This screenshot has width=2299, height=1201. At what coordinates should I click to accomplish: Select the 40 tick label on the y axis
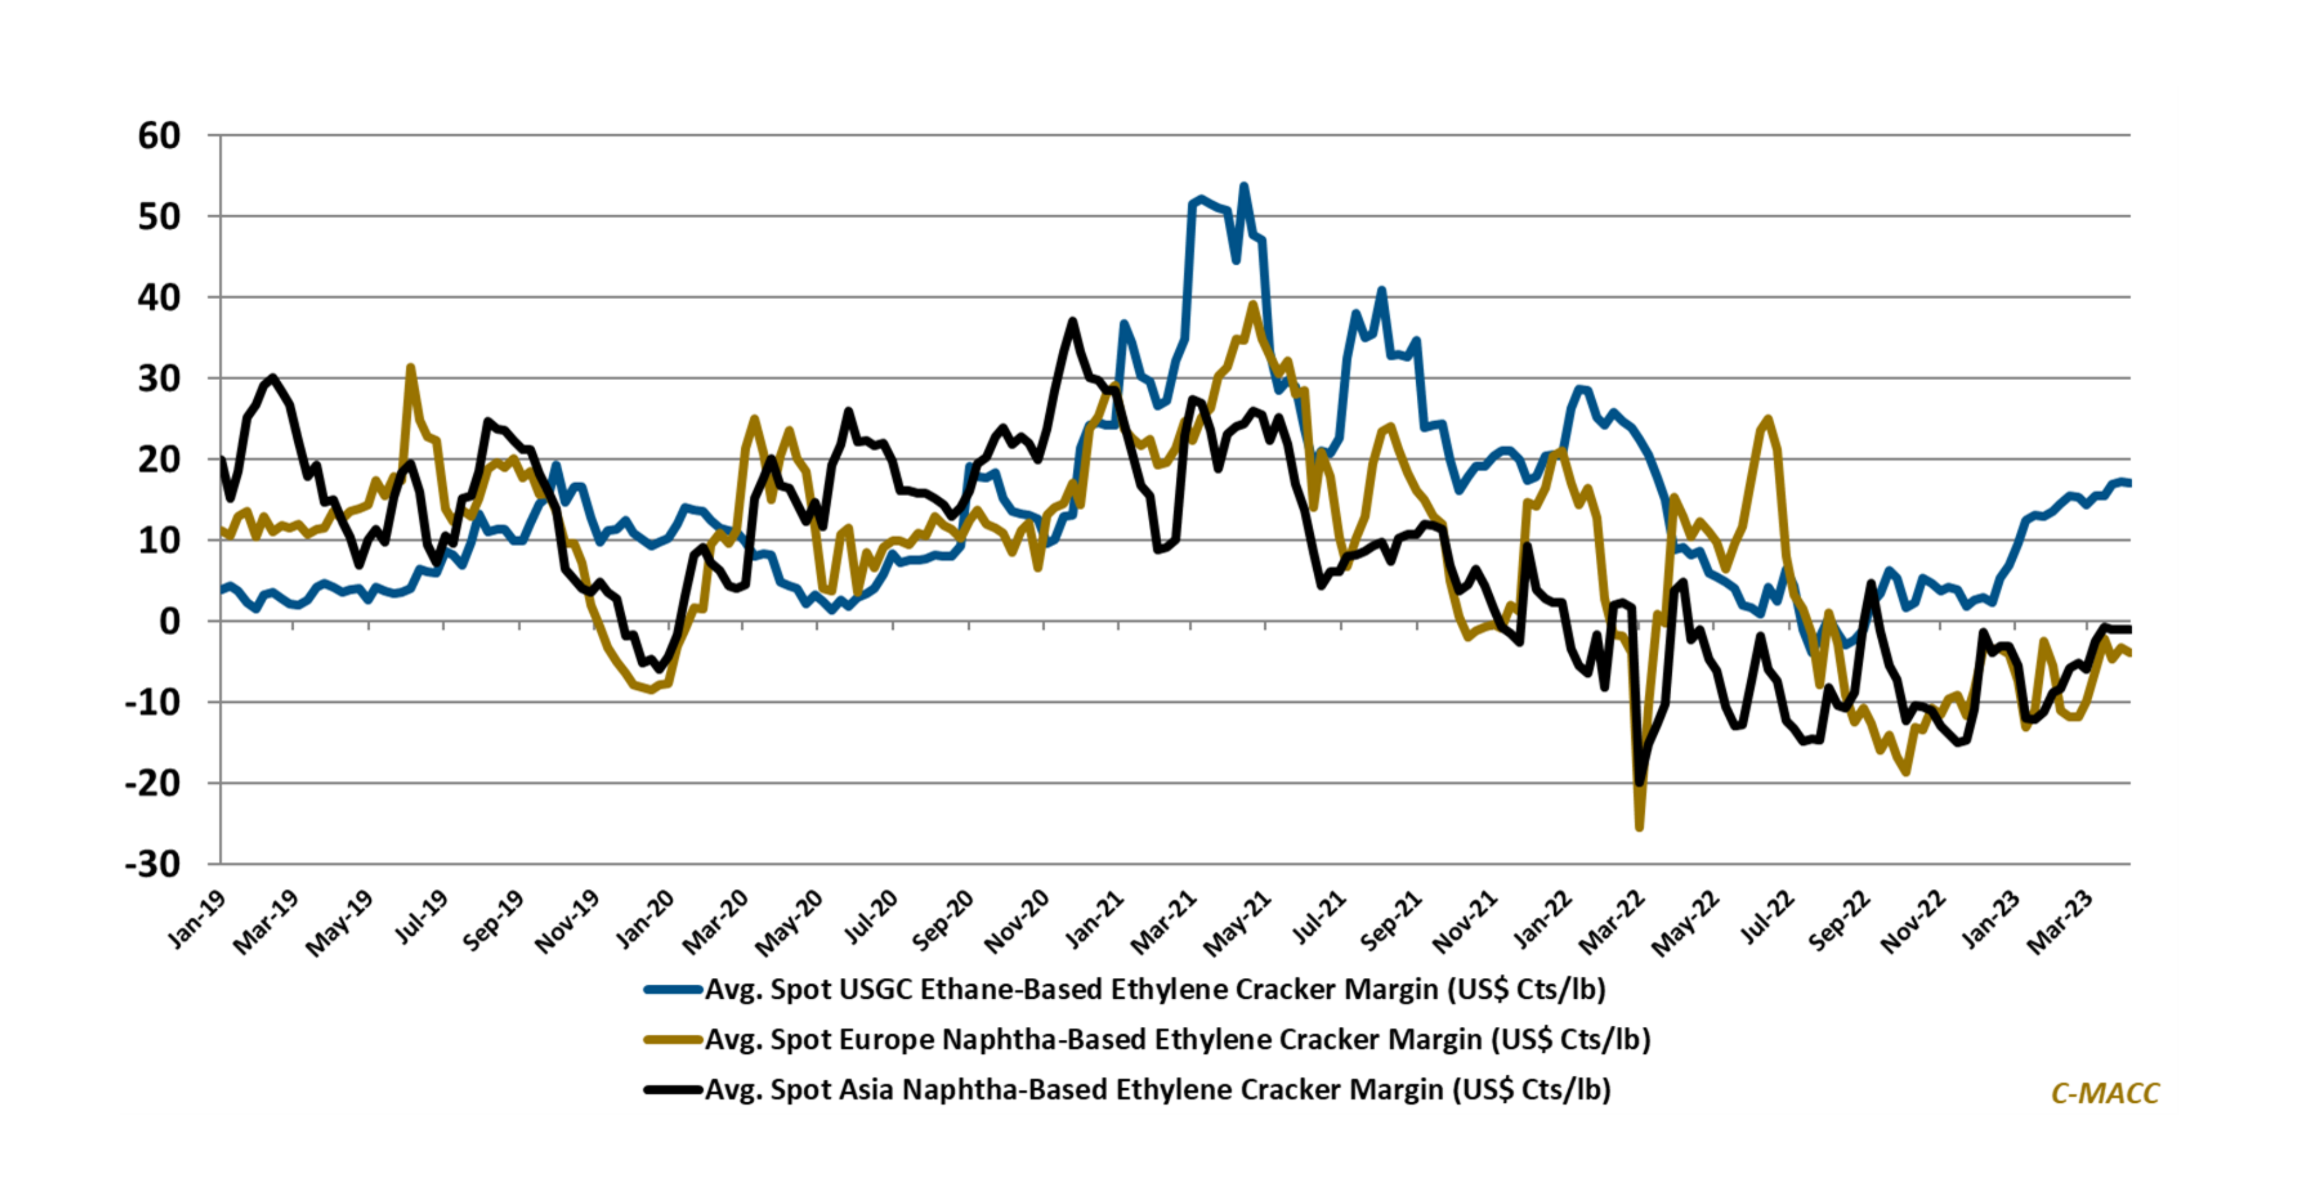pyautogui.click(x=159, y=297)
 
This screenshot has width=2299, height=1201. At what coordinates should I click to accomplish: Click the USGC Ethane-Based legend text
pyautogui.click(x=1155, y=989)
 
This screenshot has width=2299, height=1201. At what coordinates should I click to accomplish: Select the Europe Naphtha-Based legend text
pyautogui.click(x=1177, y=1040)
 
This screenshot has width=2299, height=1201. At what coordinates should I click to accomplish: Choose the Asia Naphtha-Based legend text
pyautogui.click(x=1157, y=1089)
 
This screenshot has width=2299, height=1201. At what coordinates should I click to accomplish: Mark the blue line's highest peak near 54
pyautogui.click(x=1243, y=186)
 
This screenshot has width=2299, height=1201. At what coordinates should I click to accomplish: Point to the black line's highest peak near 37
pyautogui.click(x=1073, y=320)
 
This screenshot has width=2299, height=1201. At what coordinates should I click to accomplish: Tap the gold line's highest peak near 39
pyautogui.click(x=1253, y=304)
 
